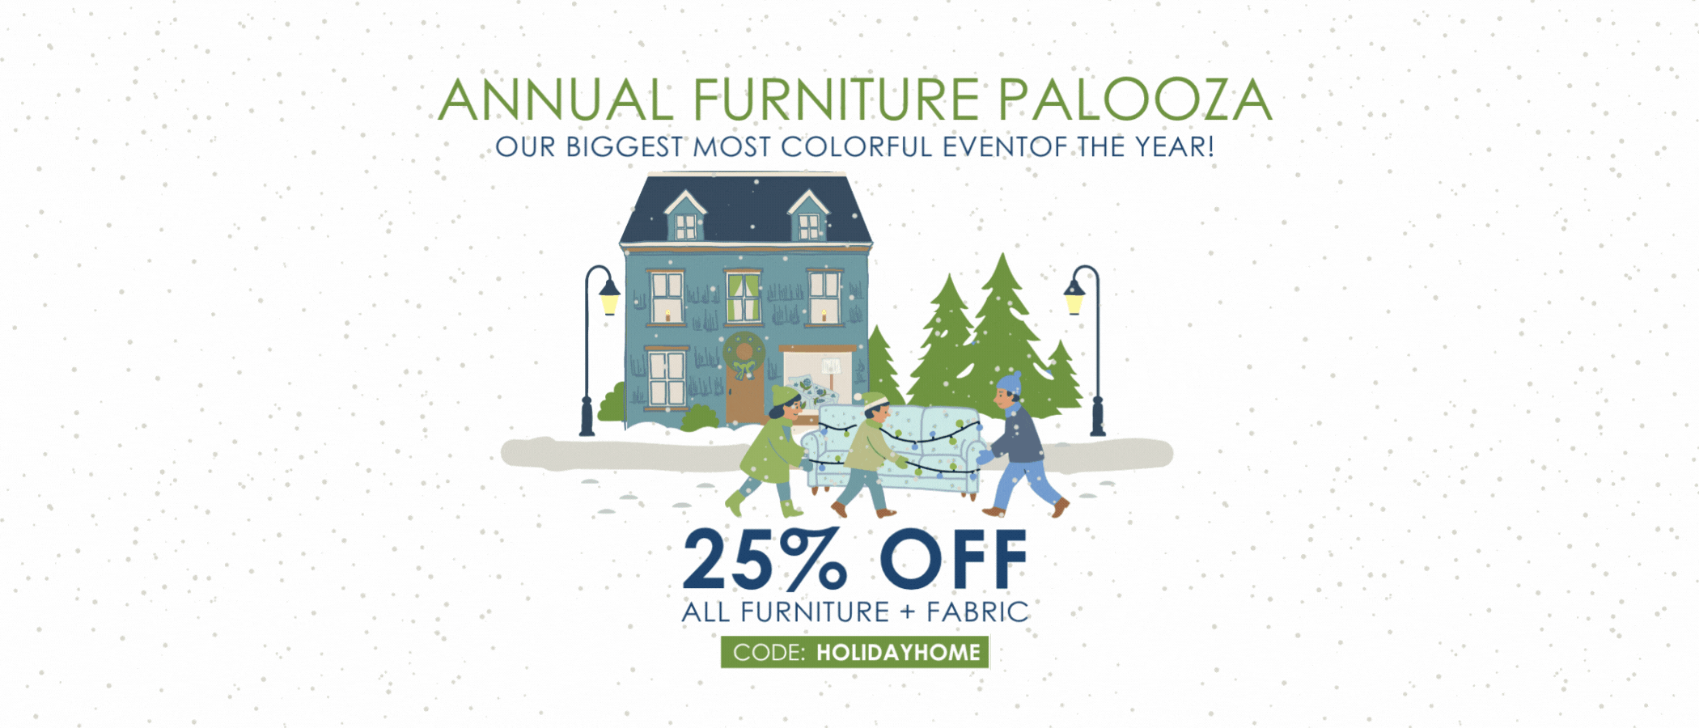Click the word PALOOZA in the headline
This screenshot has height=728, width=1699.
point(1134,100)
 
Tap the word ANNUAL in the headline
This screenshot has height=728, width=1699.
point(556,100)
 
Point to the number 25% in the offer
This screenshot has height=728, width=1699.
point(765,560)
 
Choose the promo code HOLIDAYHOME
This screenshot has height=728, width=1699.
point(898,653)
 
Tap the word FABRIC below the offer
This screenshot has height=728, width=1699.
point(977,612)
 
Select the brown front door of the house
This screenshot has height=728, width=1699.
point(744,396)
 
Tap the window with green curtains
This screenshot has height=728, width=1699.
point(743,297)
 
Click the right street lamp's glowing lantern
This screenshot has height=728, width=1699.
point(1074,299)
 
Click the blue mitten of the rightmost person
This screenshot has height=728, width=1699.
point(985,458)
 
